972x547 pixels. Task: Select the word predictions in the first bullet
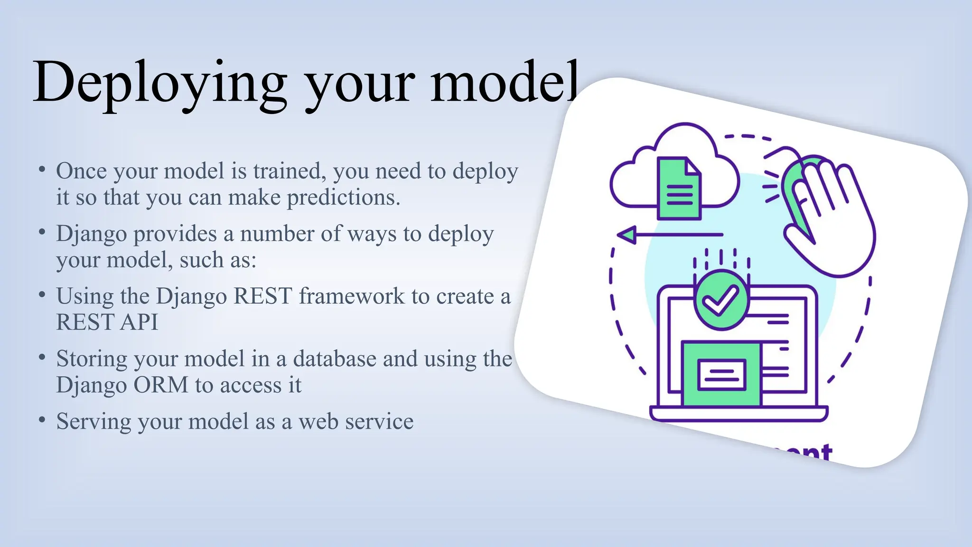[x=344, y=198]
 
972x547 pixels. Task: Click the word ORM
[x=161, y=385]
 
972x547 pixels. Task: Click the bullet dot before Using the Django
[x=42, y=295]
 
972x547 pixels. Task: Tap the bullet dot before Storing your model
[x=42, y=358]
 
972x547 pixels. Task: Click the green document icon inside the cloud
[x=679, y=189]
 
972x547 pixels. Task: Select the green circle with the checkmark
[x=721, y=300]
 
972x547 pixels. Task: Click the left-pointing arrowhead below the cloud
[x=627, y=235]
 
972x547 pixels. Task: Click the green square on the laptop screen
[x=721, y=373]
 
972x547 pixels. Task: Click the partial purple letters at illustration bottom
[x=807, y=453]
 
